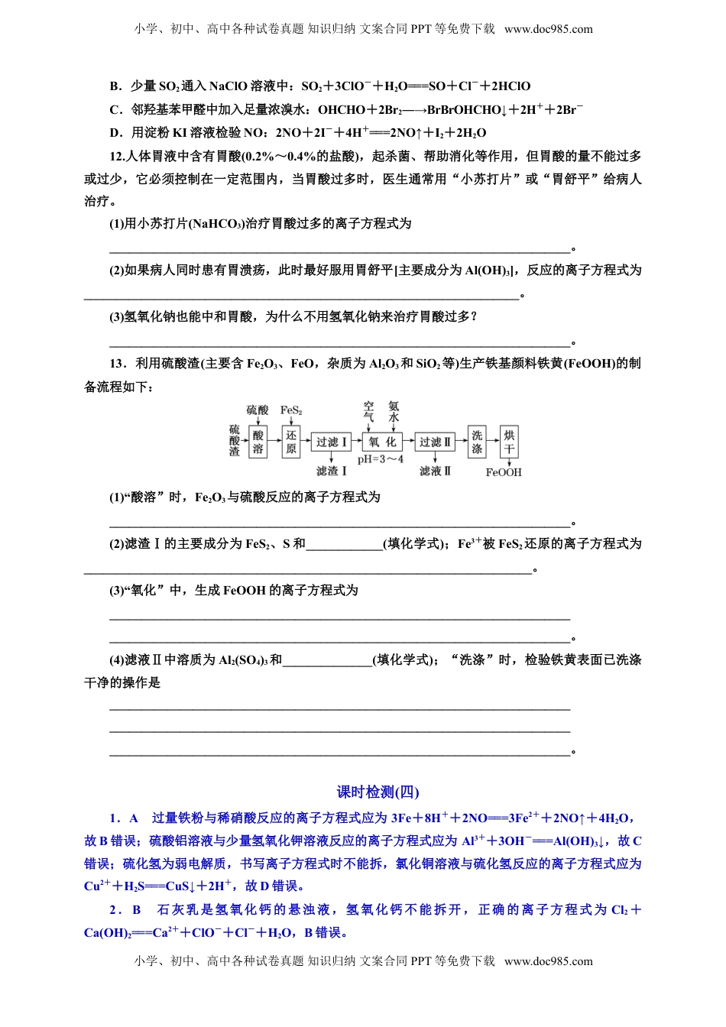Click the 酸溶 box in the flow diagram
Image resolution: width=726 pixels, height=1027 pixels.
[x=258, y=442]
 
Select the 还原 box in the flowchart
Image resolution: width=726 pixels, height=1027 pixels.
[x=291, y=442]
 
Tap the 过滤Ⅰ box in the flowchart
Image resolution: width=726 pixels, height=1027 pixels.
[x=332, y=442]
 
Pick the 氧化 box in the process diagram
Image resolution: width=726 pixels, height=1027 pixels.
[x=381, y=442]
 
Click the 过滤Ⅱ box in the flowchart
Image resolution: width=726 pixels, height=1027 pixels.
[x=435, y=442]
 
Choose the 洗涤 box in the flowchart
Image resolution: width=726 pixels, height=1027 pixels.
[x=477, y=442]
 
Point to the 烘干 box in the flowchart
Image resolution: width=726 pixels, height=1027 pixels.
[x=509, y=442]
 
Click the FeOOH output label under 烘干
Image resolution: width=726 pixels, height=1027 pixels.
[x=504, y=472]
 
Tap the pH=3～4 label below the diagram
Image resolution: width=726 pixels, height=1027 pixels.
[x=381, y=459]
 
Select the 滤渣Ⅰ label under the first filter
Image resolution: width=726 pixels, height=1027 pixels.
[x=332, y=471]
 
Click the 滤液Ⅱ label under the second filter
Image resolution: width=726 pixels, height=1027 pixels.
[x=435, y=471]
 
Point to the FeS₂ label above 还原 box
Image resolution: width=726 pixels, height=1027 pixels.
[x=291, y=410]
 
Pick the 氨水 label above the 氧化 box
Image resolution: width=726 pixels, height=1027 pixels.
[x=394, y=412]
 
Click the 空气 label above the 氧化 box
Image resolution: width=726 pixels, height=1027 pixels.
[x=369, y=412]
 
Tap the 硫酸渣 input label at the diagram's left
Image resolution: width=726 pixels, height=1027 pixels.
[x=235, y=441]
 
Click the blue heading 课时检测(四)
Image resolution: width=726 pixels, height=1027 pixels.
[x=378, y=792]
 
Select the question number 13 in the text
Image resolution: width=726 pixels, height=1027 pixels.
[x=117, y=364]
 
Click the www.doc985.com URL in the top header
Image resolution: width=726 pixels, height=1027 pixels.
[x=548, y=30]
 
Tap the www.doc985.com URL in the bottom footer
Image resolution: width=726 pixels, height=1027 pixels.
[x=548, y=961]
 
